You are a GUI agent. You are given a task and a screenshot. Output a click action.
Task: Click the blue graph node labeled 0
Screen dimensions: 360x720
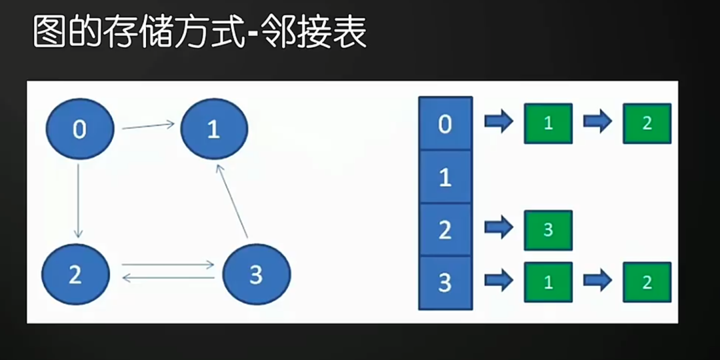(80, 129)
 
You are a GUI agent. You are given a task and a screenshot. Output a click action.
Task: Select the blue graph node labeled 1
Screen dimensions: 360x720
(213, 129)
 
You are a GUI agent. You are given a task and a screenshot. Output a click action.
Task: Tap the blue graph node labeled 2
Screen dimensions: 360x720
(75, 275)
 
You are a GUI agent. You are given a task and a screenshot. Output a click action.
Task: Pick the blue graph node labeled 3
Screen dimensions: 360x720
(257, 275)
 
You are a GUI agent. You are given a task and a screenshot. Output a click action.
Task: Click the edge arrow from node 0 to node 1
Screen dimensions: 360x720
(148, 125)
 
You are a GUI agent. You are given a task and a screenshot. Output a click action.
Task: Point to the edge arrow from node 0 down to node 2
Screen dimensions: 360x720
(79, 200)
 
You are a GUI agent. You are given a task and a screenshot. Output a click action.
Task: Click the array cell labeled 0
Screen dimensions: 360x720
(445, 124)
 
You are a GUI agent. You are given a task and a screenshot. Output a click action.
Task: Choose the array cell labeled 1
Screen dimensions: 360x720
(445, 177)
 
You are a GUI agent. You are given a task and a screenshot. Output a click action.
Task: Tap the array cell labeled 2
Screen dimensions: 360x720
(445, 230)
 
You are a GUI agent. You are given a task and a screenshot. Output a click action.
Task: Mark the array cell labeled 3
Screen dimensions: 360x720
(445, 283)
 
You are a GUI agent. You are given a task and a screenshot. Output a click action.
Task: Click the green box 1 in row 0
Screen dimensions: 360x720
(548, 124)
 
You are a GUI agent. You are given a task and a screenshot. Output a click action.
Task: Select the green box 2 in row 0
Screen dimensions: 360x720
(647, 124)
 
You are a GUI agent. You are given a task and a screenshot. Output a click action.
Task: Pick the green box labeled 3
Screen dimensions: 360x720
(548, 230)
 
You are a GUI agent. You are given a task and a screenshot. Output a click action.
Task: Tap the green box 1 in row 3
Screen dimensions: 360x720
(548, 282)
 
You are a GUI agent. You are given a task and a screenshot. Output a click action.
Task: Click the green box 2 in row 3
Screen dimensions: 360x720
(647, 282)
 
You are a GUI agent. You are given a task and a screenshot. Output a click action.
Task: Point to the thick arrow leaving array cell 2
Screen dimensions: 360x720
(499, 228)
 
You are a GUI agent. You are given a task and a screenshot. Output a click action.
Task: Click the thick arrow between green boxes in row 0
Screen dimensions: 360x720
(597, 122)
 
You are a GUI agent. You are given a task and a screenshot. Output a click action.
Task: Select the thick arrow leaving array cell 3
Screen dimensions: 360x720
(499, 280)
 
